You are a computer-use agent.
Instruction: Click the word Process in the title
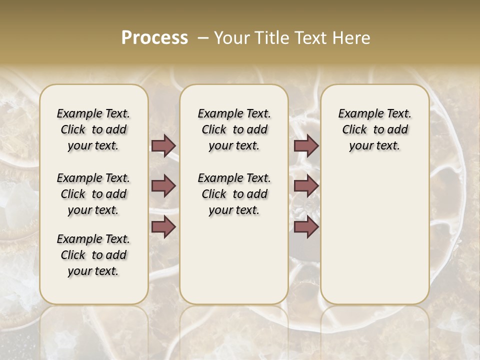[154, 37]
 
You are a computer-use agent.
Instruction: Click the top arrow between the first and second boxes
[163, 145]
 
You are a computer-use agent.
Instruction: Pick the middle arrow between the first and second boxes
[163, 186]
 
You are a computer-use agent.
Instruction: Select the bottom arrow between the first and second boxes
[163, 226]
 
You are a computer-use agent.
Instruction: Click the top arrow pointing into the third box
[306, 145]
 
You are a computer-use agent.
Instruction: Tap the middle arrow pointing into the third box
[306, 186]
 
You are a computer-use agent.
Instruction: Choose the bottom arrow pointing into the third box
[306, 226]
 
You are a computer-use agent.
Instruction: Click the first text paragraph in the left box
[93, 129]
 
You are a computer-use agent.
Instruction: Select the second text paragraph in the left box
[93, 194]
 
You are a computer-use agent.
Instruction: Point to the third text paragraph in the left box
[93, 255]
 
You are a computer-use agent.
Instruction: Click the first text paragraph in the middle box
[234, 129]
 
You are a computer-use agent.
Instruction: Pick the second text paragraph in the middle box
[234, 194]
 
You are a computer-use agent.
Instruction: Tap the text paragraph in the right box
[374, 129]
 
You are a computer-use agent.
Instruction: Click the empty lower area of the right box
[374, 235]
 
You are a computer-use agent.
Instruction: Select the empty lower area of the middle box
[234, 260]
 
